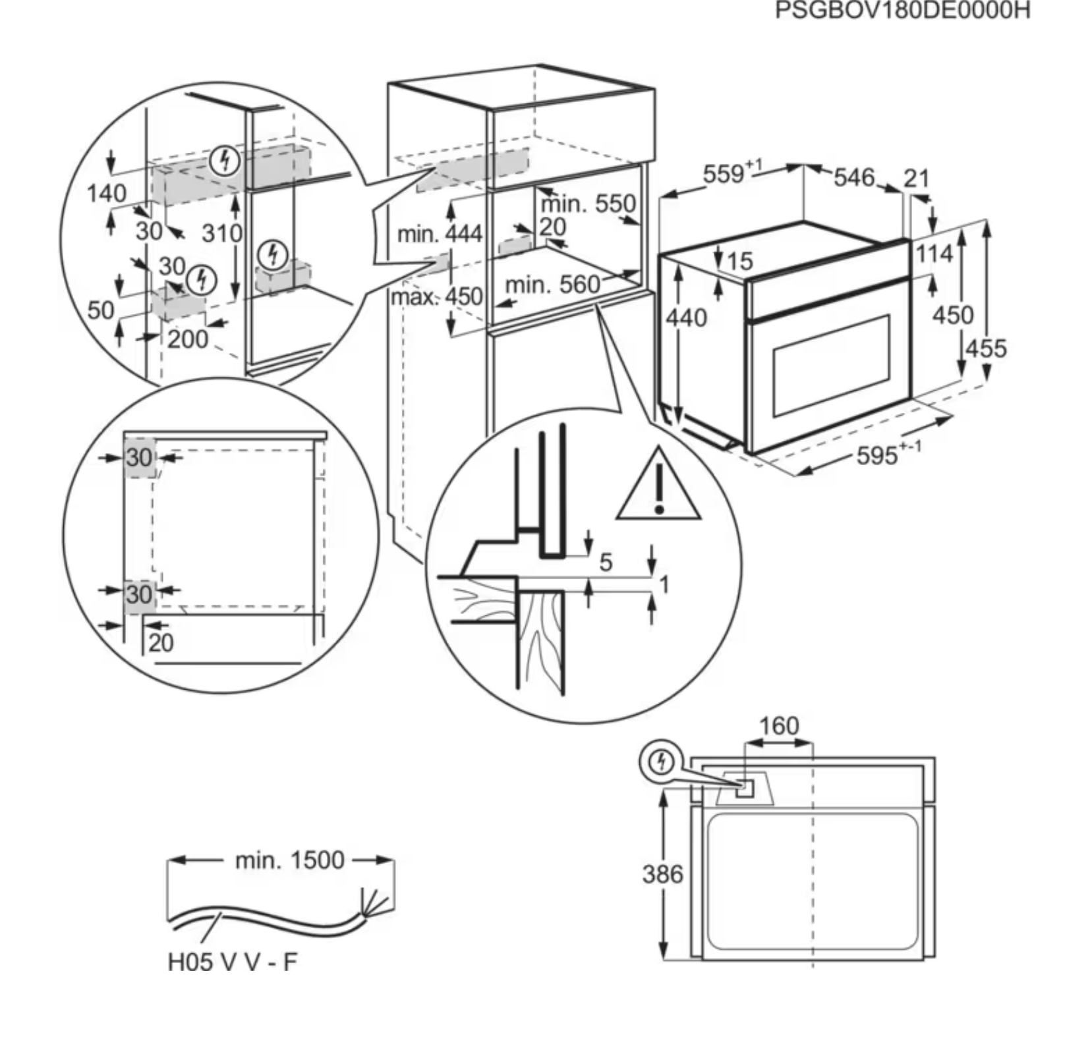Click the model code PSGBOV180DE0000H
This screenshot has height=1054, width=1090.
(902, 11)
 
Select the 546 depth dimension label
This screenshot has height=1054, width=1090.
(854, 177)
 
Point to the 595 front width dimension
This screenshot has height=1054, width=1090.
(888, 454)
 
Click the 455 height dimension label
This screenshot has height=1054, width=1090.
(987, 348)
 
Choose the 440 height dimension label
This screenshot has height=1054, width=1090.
(686, 318)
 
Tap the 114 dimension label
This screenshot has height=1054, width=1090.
(934, 254)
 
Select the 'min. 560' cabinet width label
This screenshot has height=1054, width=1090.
(552, 285)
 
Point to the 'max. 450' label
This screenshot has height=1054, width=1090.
(437, 297)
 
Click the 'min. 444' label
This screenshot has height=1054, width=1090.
(440, 234)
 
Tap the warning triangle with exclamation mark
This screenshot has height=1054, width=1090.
(658, 484)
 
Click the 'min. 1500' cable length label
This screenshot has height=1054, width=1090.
(290, 860)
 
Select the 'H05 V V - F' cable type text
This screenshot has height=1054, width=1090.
(233, 962)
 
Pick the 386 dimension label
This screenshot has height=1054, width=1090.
(663, 875)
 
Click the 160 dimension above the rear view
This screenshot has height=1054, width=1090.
(779, 726)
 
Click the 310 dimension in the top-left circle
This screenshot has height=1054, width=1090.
(222, 233)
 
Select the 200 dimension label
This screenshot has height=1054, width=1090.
(188, 339)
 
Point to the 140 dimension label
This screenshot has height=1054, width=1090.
(107, 194)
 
